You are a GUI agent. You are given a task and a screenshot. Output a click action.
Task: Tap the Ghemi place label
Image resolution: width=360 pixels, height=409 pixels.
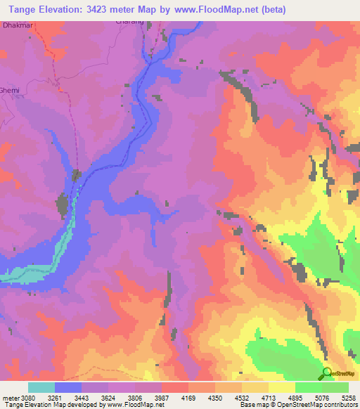point(9,91)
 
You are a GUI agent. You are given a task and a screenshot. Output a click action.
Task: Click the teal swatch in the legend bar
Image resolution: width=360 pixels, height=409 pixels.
point(41,386)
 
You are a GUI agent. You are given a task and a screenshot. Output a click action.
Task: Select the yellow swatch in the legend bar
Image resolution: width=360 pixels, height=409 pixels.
point(282,386)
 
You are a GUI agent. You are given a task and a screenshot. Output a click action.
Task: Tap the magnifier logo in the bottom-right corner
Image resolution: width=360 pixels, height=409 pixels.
point(327,374)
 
